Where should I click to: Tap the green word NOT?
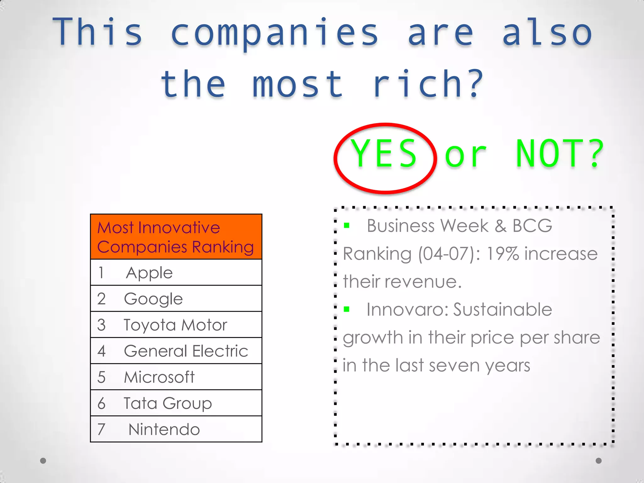[x=560, y=154]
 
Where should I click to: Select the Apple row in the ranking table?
[x=176, y=272]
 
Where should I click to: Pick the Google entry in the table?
[x=176, y=298]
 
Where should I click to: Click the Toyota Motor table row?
[x=176, y=325]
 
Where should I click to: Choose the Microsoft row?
[x=176, y=377]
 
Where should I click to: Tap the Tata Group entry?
[x=176, y=403]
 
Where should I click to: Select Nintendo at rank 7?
[x=176, y=429]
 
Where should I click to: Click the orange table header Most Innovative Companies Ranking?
[x=175, y=237]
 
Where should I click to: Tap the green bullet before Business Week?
[x=347, y=225]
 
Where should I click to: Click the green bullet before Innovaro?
[x=347, y=309]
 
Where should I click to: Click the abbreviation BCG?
[x=532, y=225]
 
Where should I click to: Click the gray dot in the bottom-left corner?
[x=43, y=461]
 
